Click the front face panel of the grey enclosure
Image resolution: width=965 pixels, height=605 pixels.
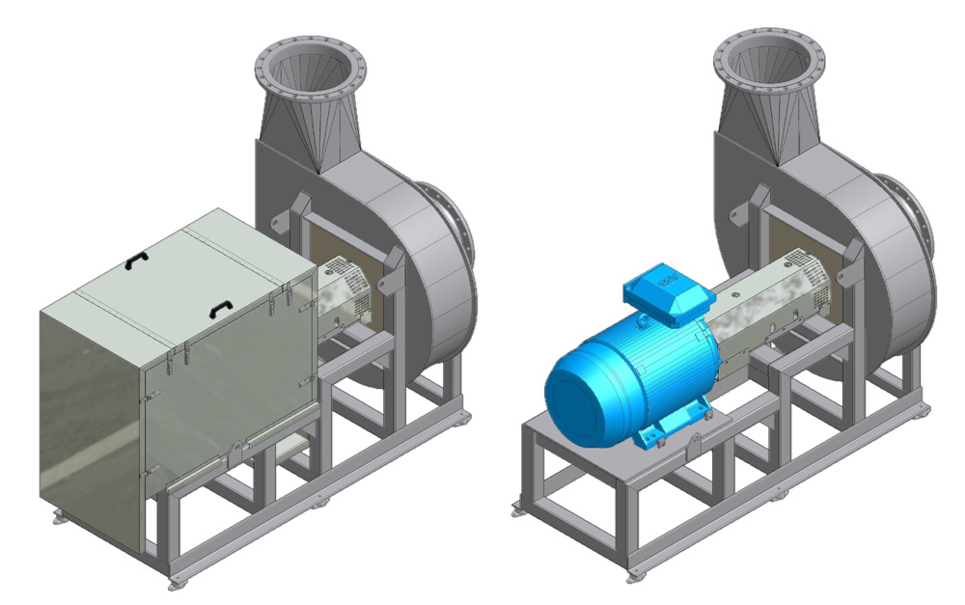click(x=92, y=425)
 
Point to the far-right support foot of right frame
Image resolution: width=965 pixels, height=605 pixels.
click(x=924, y=412)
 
